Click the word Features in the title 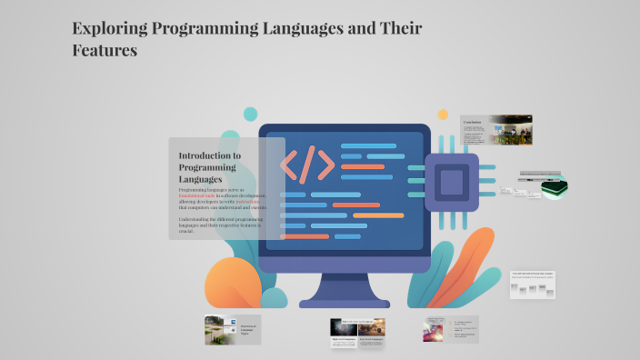click(105, 51)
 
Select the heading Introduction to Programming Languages click(210, 167)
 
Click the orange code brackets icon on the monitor click(307, 165)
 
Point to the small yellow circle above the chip click(443, 115)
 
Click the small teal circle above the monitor click(250, 114)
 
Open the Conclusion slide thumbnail click(496, 131)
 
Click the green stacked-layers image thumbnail click(555, 186)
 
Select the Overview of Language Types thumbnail click(233, 329)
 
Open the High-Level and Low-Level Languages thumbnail click(356, 332)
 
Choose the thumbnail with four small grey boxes click(532, 285)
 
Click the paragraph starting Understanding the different click(218, 225)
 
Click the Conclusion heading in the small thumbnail click(472, 122)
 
